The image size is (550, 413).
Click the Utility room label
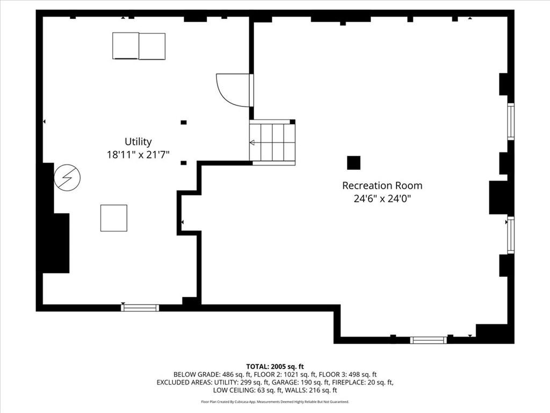click(138, 141)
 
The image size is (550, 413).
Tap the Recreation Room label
click(382, 186)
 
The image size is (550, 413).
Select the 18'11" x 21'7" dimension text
click(138, 154)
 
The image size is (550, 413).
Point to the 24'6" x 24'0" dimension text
click(382, 199)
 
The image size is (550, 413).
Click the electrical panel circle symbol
click(67, 177)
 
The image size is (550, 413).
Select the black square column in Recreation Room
click(353, 162)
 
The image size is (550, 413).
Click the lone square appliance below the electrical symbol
click(114, 218)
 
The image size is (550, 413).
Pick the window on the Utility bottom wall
click(140, 308)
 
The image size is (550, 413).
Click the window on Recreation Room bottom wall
click(428, 340)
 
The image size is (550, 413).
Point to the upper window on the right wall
click(511, 122)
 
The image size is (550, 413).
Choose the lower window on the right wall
click(511, 235)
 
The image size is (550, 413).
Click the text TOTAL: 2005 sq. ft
click(275, 367)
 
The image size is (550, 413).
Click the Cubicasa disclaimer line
click(275, 402)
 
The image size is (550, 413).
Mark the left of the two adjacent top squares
click(126, 46)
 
